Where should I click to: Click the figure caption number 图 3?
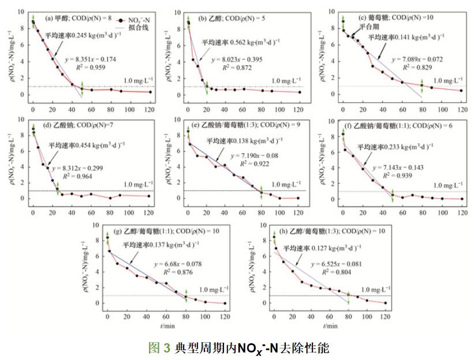pyautogui.click(x=159, y=348)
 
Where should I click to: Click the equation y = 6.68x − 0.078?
pyautogui.click(x=175, y=264)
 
